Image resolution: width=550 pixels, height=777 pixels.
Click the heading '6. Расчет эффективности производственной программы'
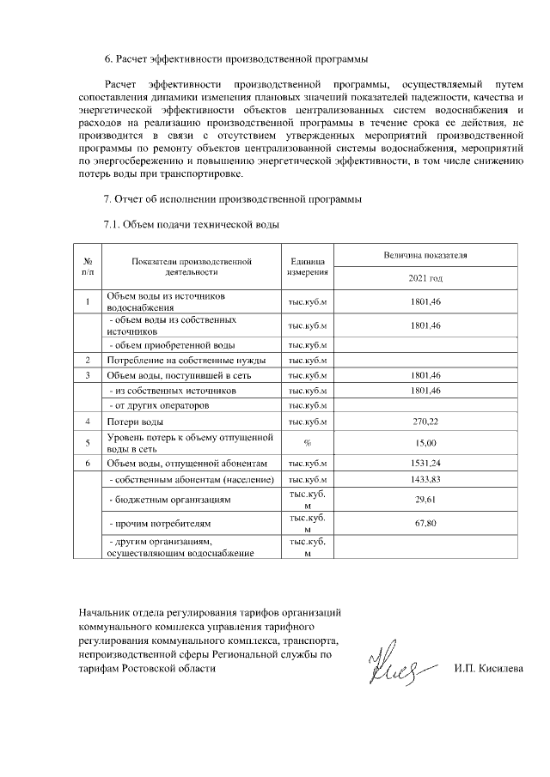pos(235,59)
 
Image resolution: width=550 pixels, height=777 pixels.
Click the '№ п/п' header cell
pos(88,267)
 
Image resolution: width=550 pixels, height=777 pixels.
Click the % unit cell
pos(306,442)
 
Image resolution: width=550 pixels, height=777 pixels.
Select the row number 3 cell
pos(88,375)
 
